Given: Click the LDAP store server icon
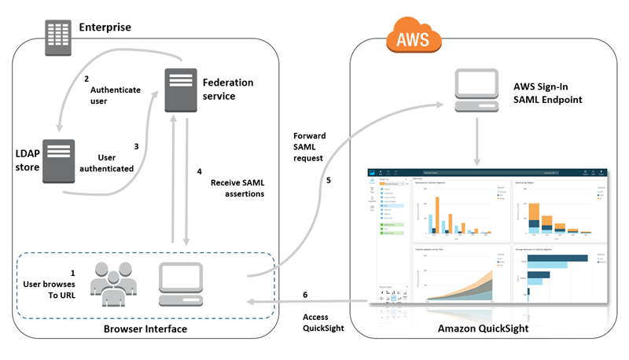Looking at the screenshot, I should pos(58,162).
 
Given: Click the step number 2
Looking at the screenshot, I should pos(86,78).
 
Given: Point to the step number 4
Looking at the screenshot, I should pos(199,171).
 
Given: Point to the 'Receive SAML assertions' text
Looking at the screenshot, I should pos(237,189).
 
